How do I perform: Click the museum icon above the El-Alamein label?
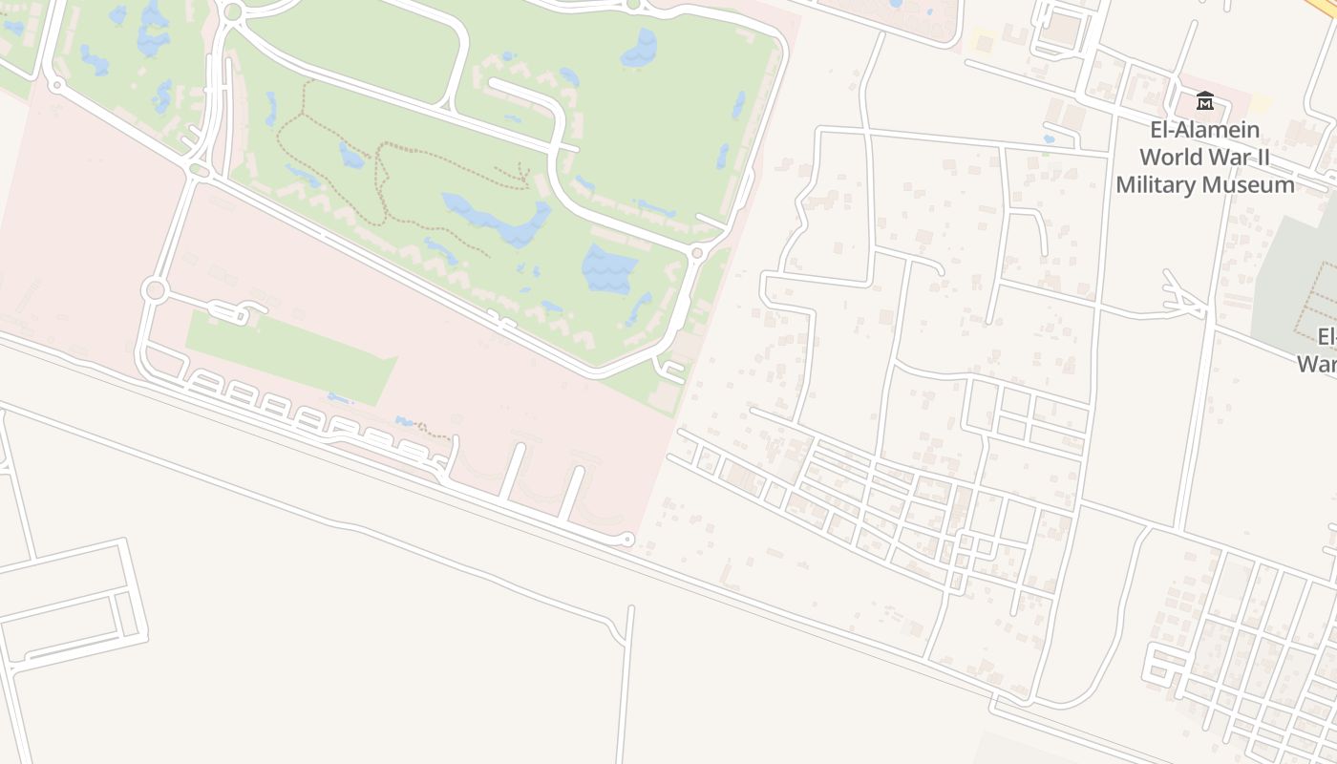tap(1205, 100)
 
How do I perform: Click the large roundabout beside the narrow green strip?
tap(154, 290)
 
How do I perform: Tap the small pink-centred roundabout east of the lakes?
tap(697, 253)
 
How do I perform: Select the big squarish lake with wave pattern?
tap(608, 267)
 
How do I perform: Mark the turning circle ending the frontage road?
tap(627, 540)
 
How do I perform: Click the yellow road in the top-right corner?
tap(1326, 8)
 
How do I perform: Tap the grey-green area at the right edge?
tap(1294, 267)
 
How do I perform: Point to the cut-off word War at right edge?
tap(1318, 364)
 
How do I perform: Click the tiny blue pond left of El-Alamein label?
tap(1050, 139)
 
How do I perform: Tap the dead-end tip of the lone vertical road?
tap(631, 608)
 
